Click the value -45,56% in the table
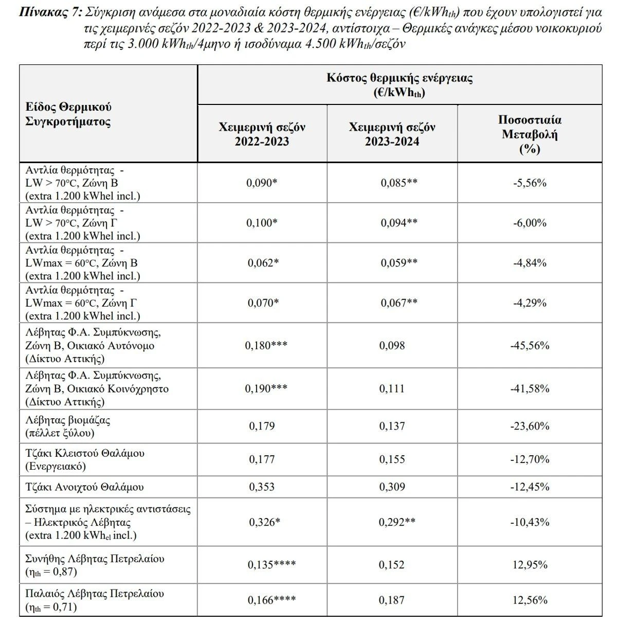(530, 346)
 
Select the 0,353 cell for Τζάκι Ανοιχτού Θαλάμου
(262, 487)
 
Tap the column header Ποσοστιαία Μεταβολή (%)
(530, 134)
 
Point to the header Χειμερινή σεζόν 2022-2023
(262, 134)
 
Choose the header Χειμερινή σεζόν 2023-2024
(392, 134)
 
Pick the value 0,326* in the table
(264, 522)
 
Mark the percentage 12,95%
(530, 565)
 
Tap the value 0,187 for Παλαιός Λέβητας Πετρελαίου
(392, 600)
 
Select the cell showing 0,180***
(267, 346)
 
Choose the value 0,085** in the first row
(399, 183)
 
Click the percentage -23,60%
(530, 426)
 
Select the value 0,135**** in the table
(271, 565)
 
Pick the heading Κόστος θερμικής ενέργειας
(400, 78)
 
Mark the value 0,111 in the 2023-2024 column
(392, 388)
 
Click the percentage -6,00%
(530, 223)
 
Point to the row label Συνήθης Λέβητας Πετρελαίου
(95, 558)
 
